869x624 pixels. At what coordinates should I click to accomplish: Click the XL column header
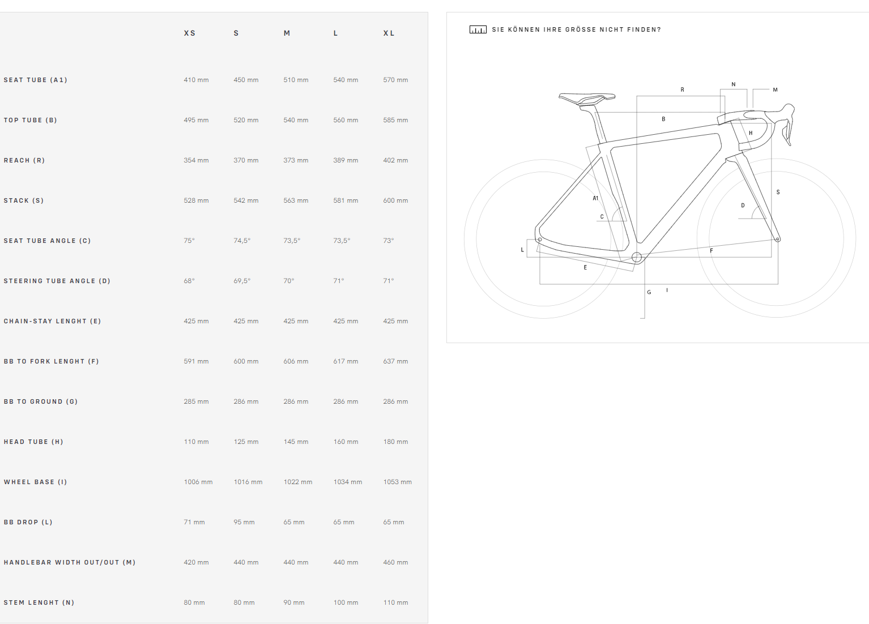click(389, 33)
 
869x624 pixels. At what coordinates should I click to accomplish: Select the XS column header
click(190, 33)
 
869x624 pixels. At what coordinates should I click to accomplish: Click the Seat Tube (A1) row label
click(35, 80)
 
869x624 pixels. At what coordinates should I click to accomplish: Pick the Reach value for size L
click(346, 160)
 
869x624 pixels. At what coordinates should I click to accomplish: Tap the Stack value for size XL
click(395, 200)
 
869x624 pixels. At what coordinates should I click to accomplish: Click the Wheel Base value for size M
click(297, 482)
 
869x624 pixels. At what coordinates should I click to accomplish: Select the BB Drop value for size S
click(244, 522)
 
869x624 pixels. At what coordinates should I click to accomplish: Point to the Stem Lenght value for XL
click(395, 602)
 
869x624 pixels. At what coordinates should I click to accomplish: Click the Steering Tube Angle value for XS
click(189, 281)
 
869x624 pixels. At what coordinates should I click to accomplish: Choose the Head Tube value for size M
click(296, 442)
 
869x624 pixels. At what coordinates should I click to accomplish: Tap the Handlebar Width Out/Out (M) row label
click(70, 562)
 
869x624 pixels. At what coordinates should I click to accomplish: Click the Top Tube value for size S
click(246, 120)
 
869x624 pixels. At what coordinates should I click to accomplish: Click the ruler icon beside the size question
click(478, 29)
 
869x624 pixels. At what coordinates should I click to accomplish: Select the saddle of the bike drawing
click(586, 99)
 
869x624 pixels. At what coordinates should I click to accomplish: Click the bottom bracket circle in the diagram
click(637, 257)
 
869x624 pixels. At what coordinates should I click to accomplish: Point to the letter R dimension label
click(683, 89)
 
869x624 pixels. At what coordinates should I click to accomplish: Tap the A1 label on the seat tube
click(595, 198)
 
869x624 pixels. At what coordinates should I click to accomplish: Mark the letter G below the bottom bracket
click(649, 292)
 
